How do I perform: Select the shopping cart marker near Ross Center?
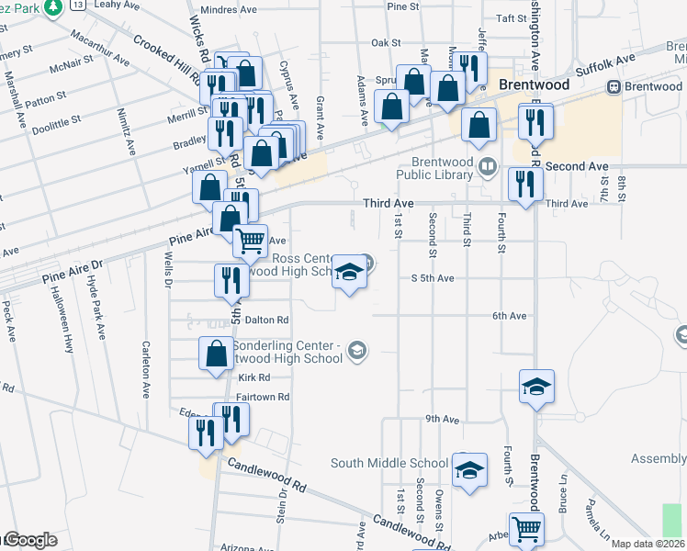250,242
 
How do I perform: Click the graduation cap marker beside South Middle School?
468,473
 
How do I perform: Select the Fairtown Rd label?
263,397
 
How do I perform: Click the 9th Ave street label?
442,419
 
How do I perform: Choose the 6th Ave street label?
509,316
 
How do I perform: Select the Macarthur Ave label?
99,55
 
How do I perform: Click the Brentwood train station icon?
614,86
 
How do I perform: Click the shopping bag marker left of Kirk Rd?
216,354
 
